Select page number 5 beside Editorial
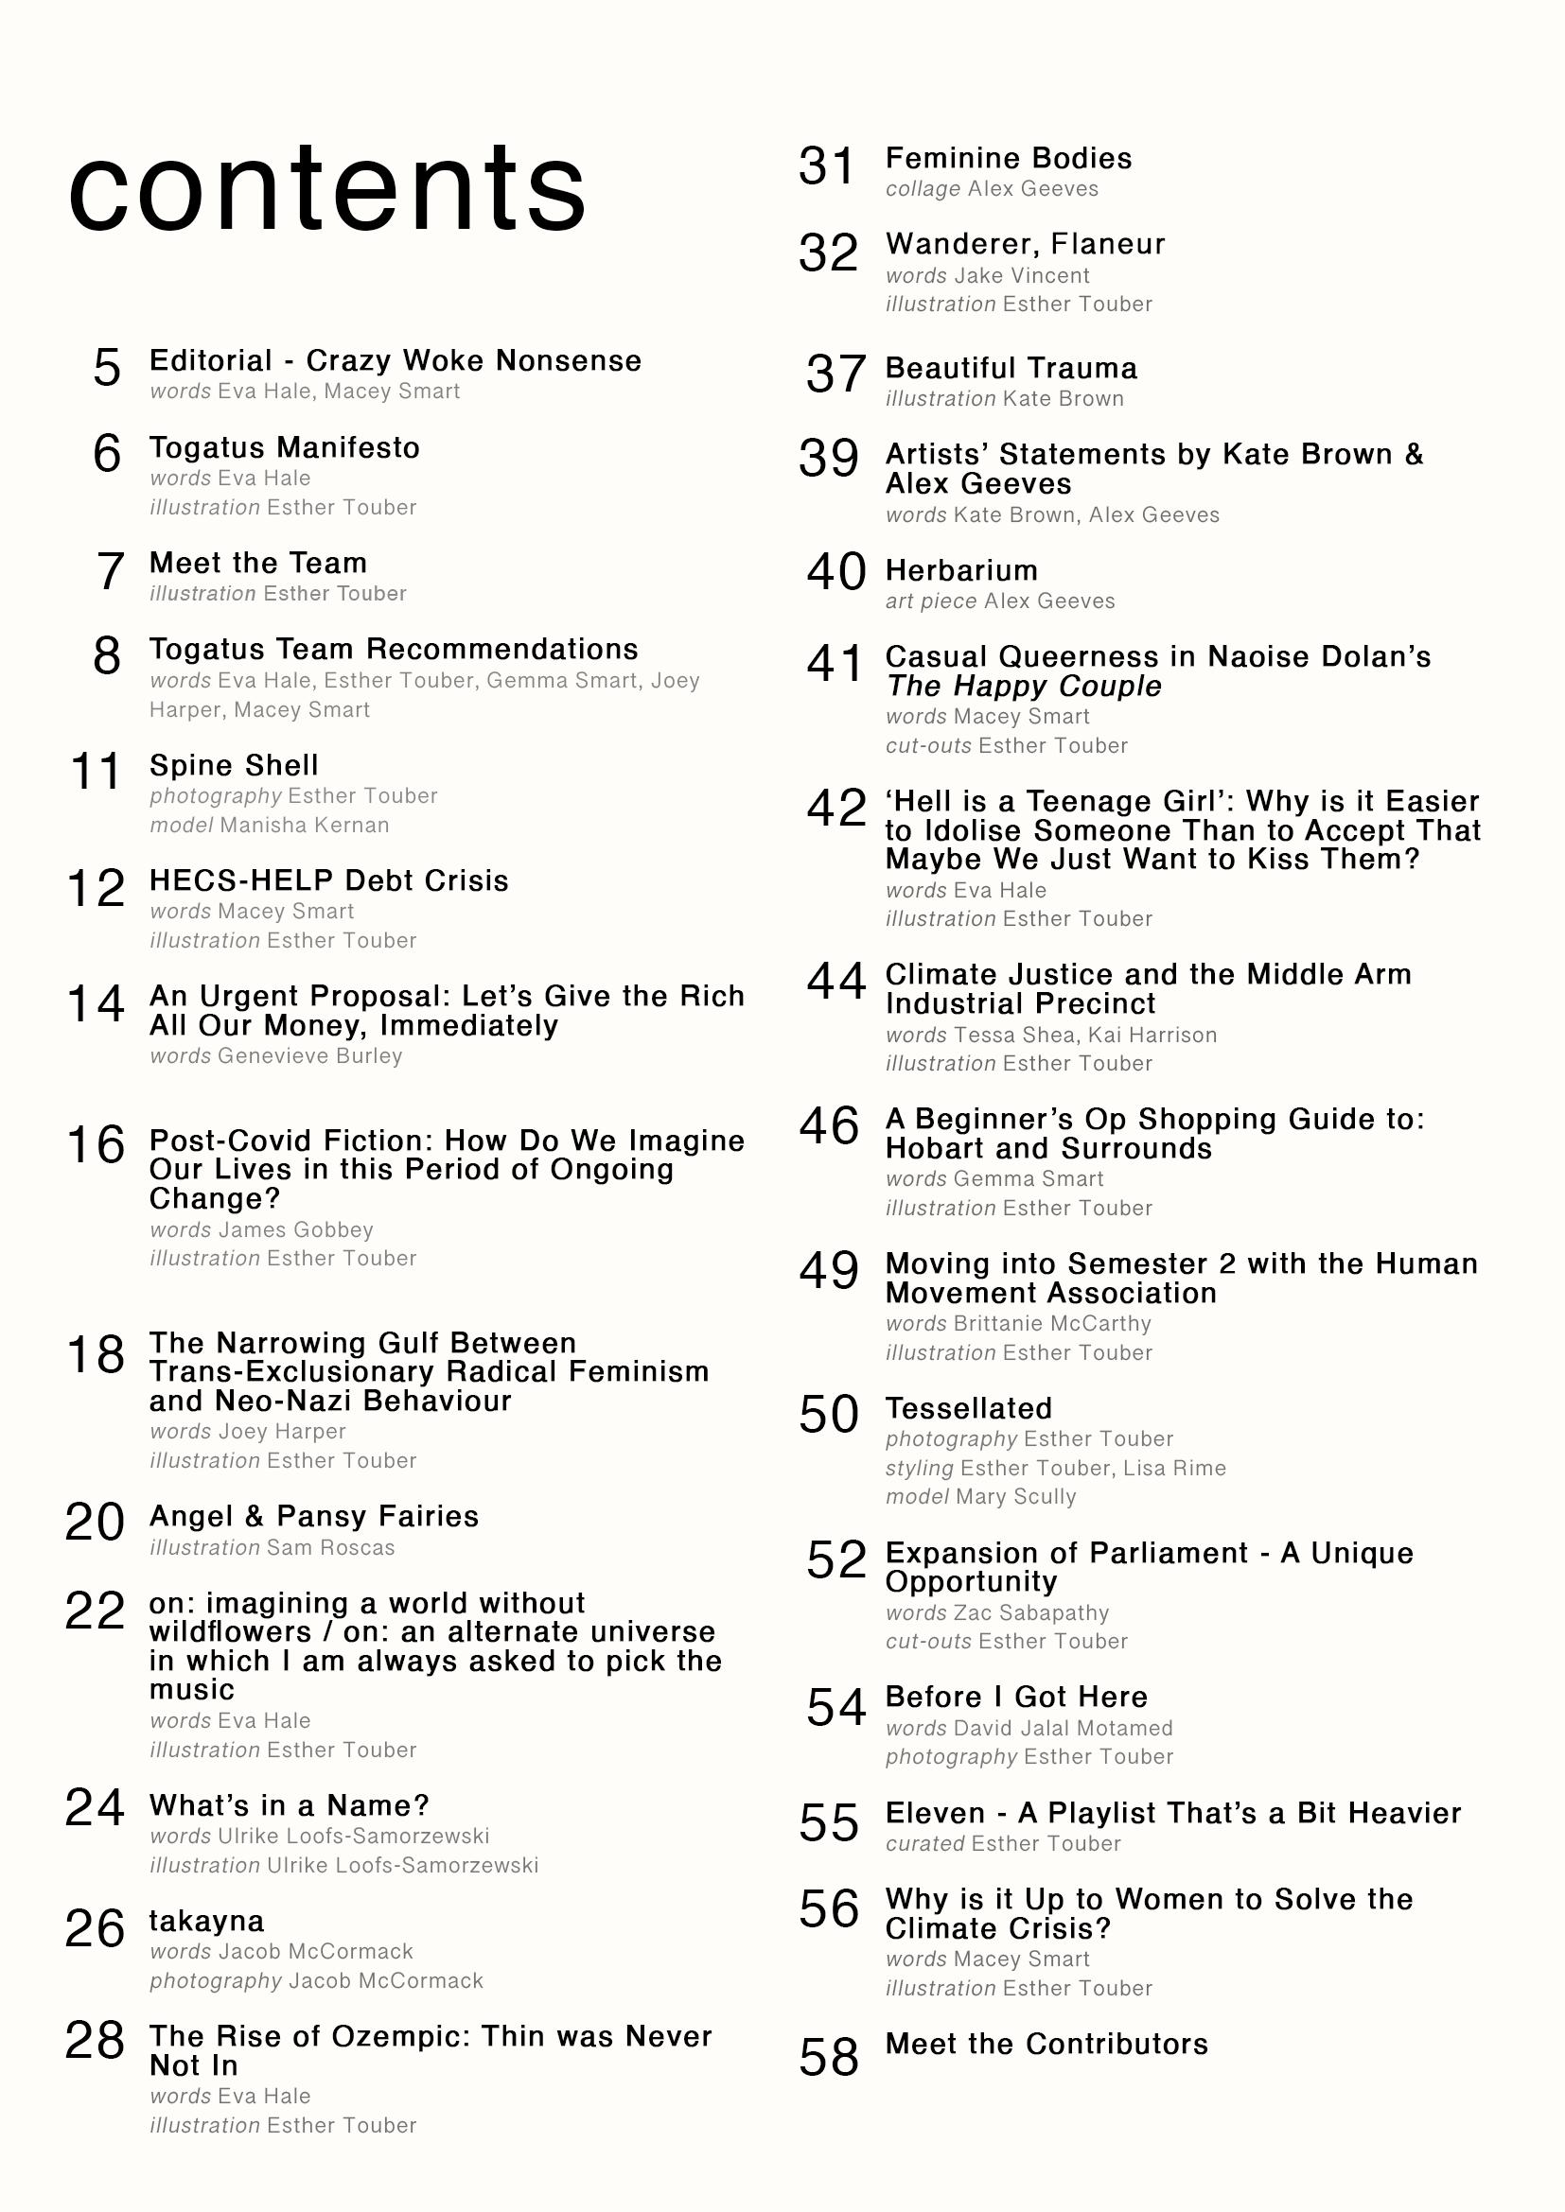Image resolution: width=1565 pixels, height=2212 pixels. coord(107,368)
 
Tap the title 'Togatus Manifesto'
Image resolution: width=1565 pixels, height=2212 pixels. coord(284,448)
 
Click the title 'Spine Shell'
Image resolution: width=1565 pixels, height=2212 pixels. coord(233,766)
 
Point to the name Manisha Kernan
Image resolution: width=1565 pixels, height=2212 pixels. coord(305,826)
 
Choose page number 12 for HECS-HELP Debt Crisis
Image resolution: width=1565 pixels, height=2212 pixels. coord(97,888)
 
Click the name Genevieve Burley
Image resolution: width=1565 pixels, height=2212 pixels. coord(309,1057)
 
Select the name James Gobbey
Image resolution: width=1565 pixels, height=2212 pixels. coord(296,1230)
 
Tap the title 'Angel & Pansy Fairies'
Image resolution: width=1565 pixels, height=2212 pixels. coord(313,1516)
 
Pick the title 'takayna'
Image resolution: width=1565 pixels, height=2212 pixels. coord(206,1921)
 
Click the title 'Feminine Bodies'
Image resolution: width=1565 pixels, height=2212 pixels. coord(1008,159)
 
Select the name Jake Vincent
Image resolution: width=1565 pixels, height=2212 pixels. coord(1022,276)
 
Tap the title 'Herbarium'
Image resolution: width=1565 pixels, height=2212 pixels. coord(960,571)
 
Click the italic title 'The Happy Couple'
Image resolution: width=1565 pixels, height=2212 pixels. coord(1024,687)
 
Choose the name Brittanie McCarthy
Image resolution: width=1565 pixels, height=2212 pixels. coord(1051,1325)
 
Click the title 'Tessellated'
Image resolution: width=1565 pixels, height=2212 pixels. coord(969,1408)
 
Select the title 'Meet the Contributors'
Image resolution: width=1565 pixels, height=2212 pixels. coord(1046,2045)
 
